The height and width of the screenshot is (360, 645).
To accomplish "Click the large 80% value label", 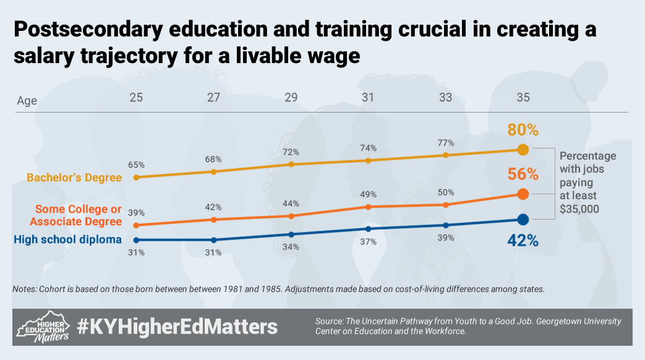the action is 523,130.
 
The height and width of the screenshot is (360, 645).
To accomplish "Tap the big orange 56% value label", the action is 523,174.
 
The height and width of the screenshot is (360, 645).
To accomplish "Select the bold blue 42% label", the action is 523,241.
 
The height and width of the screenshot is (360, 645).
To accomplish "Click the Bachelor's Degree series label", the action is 74,178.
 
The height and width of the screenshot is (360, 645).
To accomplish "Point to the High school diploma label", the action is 68,239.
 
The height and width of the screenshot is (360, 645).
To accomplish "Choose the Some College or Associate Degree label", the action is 76,215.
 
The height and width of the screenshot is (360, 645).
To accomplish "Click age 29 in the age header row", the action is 291,98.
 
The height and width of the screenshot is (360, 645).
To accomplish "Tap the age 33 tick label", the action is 445,98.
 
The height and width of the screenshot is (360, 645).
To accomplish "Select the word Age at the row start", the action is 27,101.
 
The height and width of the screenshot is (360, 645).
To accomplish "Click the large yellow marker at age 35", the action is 523,150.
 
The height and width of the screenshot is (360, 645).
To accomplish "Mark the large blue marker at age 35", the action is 523,220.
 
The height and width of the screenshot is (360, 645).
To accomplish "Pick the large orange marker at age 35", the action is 523,194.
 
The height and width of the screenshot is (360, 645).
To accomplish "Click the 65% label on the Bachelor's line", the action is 136,165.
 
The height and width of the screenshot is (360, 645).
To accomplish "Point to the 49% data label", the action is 368,194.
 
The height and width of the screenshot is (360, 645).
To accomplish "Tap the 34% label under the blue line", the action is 291,247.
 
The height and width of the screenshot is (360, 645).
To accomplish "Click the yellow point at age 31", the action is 368,160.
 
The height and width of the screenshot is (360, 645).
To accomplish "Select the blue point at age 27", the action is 213,240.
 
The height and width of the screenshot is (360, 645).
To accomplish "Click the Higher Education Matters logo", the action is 43,327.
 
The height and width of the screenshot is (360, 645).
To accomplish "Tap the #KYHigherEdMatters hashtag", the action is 177,327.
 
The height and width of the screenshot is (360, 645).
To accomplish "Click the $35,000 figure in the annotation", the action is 579,209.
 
